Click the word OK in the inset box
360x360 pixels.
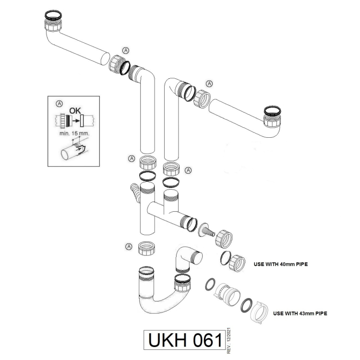click(x=74, y=110)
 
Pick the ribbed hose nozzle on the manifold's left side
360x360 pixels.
click(x=135, y=192)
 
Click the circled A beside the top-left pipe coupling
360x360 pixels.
click(x=126, y=50)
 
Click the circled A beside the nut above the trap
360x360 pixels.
click(x=128, y=246)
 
